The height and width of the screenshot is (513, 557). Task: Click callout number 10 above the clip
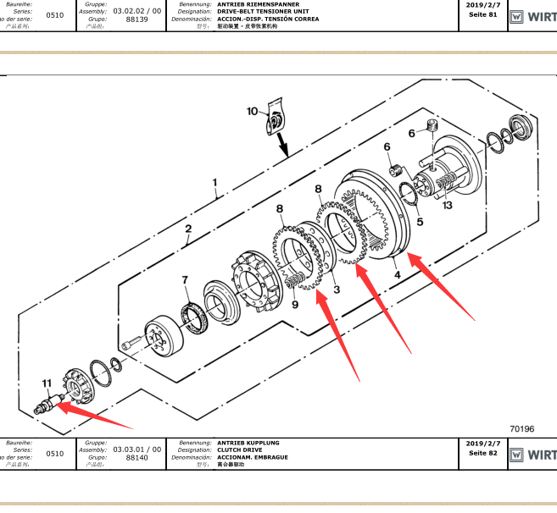252,111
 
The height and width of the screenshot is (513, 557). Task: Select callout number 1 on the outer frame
214,182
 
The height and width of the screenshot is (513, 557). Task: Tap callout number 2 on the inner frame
188,229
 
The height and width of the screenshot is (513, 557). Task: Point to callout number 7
185,279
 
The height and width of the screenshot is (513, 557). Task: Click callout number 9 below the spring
295,305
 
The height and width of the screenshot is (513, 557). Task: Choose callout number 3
336,290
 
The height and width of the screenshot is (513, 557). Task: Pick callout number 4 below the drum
397,273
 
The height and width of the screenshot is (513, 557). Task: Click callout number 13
447,205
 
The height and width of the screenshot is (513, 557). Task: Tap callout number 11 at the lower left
47,383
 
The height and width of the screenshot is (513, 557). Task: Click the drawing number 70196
522,428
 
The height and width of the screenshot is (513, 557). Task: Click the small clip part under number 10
275,119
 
